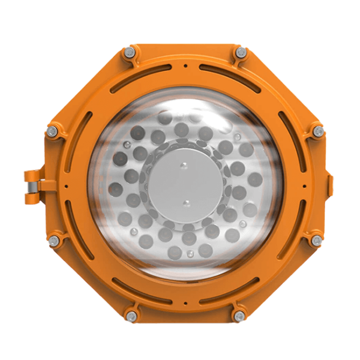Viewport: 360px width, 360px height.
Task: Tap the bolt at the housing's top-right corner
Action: tap(241, 53)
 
